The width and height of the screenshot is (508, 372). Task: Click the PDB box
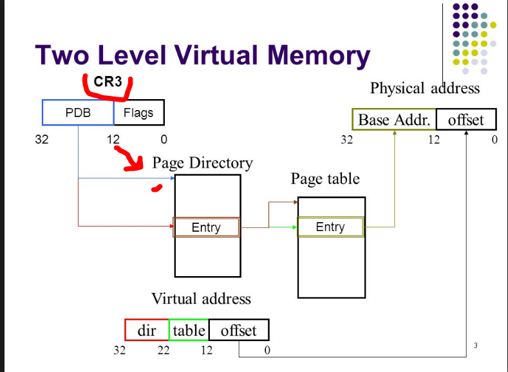pos(78,113)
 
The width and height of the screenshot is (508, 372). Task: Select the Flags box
pos(138,113)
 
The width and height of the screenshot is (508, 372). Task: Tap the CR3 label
pos(108,82)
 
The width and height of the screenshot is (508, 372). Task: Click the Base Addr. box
pos(394,120)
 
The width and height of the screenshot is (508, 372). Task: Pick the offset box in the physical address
pos(466,120)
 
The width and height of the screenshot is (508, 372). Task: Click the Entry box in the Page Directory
pos(206,227)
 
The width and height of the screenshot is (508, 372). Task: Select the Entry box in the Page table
pos(330,227)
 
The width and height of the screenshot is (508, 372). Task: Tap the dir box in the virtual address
pos(147,330)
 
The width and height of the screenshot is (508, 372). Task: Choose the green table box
pos(189,330)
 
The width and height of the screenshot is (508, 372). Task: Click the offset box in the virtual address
pos(238,330)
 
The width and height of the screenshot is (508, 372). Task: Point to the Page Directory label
pos(202,163)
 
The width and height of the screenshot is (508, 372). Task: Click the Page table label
pos(325,178)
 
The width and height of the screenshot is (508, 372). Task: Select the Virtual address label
pos(201,299)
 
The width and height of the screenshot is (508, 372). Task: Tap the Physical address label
pos(425,88)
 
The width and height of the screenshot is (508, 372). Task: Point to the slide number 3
pos(475,346)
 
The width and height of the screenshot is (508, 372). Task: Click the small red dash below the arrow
pos(156,189)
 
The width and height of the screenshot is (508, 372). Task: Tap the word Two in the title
pos(68,55)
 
